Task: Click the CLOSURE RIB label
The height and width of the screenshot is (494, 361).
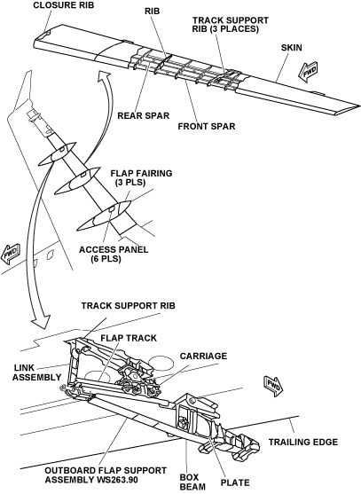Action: pos(64,5)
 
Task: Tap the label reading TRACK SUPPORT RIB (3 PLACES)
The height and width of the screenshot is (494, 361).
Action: pos(231,24)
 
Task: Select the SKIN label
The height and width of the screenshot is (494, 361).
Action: pos(292,48)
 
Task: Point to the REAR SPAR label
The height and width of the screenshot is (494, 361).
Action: pos(144,115)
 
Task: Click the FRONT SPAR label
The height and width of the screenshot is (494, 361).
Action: pos(207,126)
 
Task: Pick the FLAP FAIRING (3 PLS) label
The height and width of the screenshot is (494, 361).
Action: pos(141,177)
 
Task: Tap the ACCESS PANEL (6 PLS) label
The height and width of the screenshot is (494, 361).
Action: pos(114,255)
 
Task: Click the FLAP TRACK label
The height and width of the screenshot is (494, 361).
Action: pos(129,338)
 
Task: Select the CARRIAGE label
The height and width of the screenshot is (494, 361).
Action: pos(203,356)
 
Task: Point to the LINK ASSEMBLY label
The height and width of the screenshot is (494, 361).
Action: pos(37,372)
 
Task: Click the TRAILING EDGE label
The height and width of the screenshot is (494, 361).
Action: pos(303,442)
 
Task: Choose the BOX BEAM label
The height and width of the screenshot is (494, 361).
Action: pos(192,482)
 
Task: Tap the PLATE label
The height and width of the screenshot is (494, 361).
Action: pos(235,482)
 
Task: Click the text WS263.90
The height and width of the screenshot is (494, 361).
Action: pos(115,480)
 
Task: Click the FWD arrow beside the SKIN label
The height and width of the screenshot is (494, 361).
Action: pos(308,73)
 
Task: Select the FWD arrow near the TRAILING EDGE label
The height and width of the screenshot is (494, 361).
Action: pos(273,386)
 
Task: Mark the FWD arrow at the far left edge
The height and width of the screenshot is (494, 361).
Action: pos(11,253)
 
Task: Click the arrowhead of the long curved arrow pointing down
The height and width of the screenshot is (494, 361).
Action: pos(41,321)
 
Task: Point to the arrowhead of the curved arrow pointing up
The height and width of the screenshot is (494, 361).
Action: pos(104,77)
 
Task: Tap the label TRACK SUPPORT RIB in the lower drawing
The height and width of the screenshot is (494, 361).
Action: pos(129,306)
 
